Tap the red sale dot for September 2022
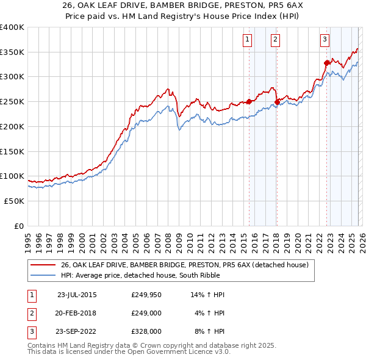click(327, 62)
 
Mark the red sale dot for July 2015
click(249, 102)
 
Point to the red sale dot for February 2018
click(277, 102)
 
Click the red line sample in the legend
click(44, 265)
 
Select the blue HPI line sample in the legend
click(44, 275)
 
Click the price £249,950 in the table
click(146, 295)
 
